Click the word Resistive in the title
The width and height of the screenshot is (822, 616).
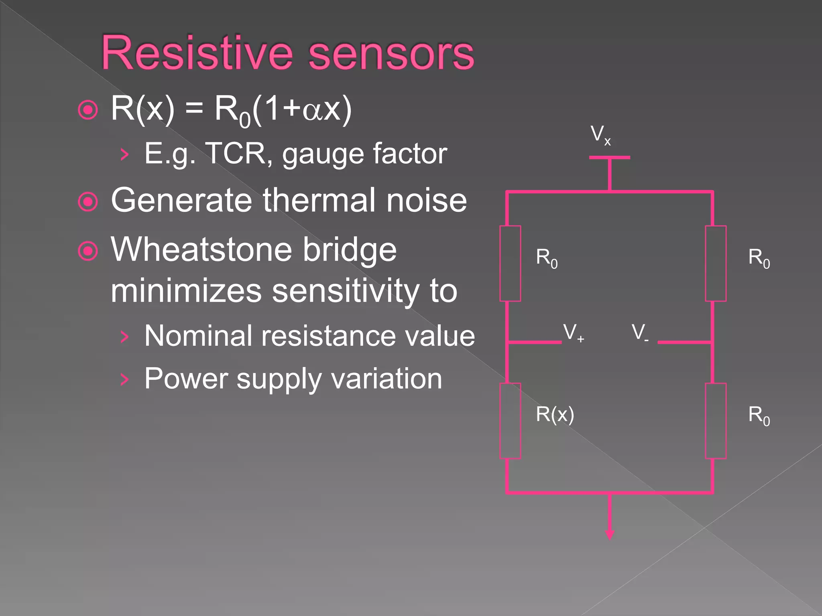[197, 53]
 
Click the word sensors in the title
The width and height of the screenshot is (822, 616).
[391, 53]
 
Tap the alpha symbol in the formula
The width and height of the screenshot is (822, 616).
[312, 110]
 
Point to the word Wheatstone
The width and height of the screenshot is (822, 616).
[201, 249]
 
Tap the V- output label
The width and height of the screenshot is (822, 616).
[639, 333]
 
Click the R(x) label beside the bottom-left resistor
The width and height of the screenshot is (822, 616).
[555, 414]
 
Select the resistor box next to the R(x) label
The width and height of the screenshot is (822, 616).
[510, 421]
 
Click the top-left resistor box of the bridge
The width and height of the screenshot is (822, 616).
[510, 263]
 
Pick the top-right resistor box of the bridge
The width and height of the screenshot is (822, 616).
[716, 263]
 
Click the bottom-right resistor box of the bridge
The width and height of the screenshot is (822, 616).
[716, 421]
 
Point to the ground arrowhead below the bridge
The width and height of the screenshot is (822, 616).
[610, 534]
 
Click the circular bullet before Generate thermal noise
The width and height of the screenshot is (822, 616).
[88, 202]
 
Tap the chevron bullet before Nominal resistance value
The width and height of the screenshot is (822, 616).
[125, 337]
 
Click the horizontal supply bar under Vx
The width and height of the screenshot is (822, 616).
[610, 158]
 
